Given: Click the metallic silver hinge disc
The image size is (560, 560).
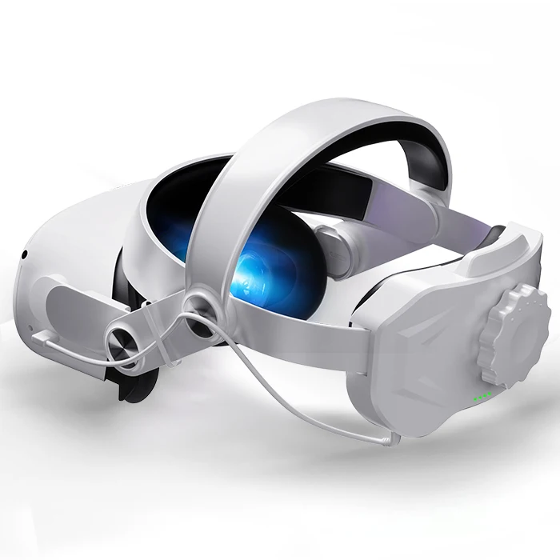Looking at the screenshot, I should tap(126, 345).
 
